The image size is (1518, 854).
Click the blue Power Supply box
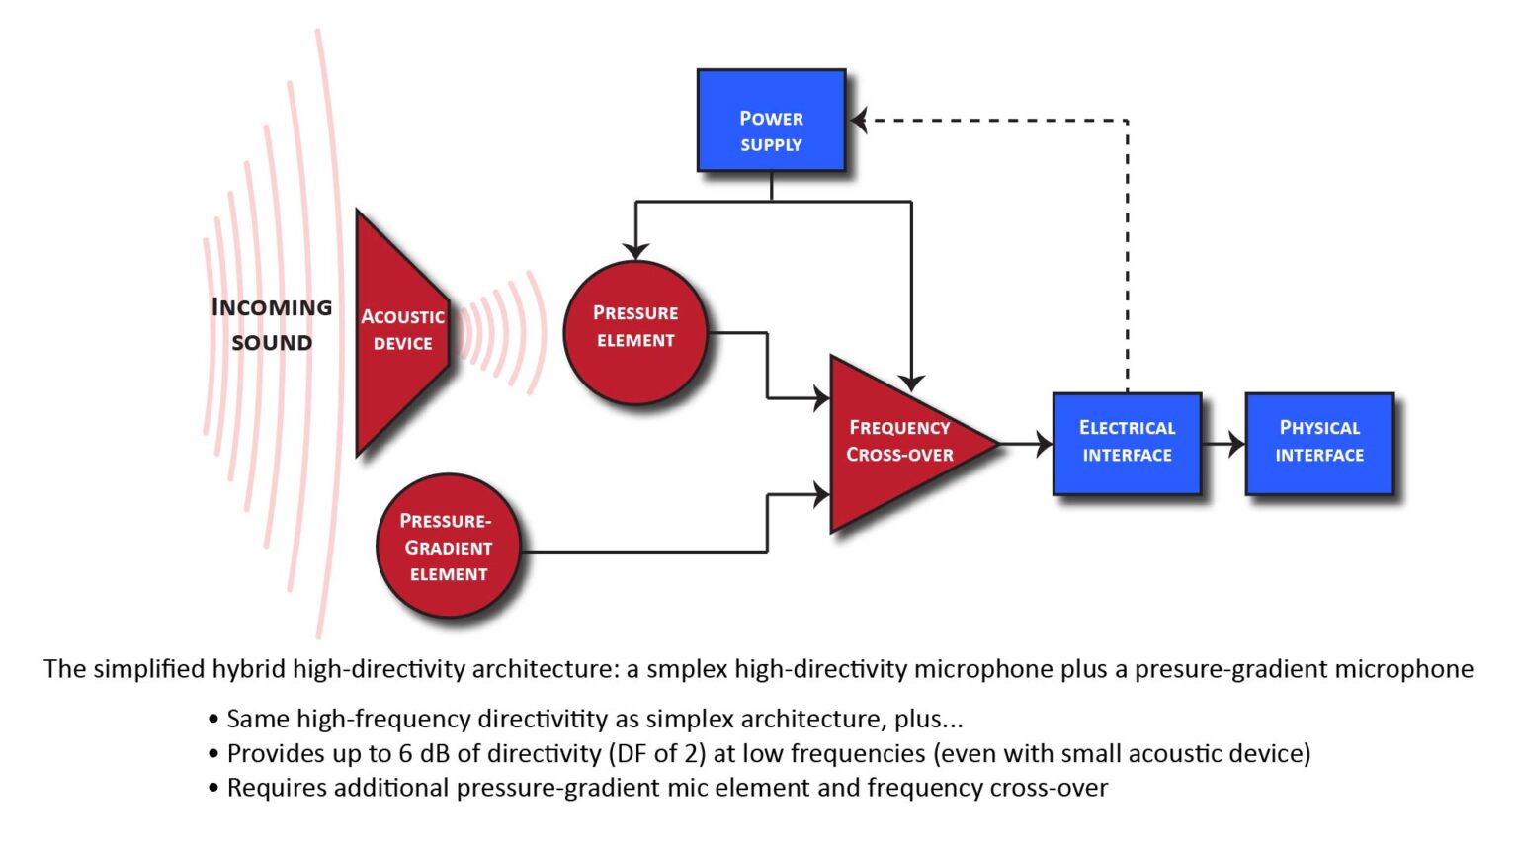[771, 121]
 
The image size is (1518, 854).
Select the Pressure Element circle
[634, 332]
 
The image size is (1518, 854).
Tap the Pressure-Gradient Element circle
[448, 547]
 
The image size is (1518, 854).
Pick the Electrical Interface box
[1127, 443]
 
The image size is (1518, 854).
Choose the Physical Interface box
[1318, 443]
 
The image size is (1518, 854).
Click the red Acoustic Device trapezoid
[400, 332]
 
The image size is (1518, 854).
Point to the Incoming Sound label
[272, 324]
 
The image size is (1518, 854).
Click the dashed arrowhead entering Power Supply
[860, 121]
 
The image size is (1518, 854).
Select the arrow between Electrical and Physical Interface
[1225, 443]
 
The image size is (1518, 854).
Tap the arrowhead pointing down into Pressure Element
[635, 250]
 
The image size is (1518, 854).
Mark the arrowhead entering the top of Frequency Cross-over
[911, 382]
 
